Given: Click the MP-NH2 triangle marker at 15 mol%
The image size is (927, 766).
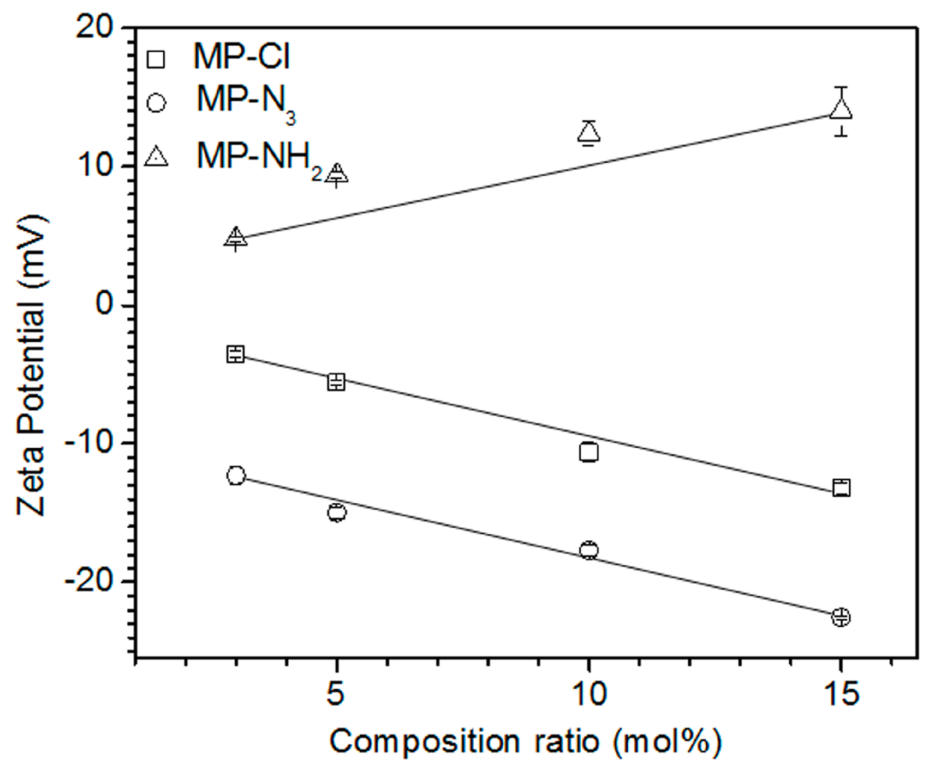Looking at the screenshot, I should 841,110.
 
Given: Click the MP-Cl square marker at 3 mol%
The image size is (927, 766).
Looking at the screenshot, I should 236,354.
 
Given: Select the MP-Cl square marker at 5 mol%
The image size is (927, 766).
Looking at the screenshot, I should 336,382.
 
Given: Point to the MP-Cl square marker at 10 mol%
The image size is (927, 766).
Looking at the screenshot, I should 589,452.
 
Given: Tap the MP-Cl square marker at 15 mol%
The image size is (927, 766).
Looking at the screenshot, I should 841,488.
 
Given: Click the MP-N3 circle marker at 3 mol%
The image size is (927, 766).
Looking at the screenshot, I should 236,475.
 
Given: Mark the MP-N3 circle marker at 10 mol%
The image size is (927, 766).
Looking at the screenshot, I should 589,550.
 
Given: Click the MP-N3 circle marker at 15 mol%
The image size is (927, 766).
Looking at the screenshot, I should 841,617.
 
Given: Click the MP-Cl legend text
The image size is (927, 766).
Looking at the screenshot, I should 242,57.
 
